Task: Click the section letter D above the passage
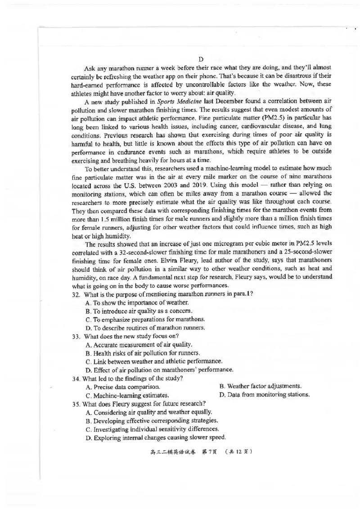tap(201, 59)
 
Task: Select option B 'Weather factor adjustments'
tap(260, 386)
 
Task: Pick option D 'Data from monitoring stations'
tap(265, 395)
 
